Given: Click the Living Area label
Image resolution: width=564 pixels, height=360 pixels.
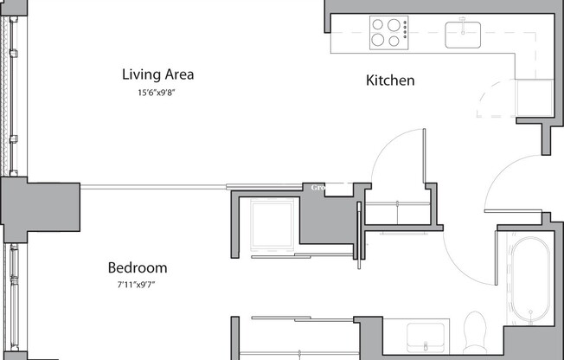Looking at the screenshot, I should pyautogui.click(x=157, y=74).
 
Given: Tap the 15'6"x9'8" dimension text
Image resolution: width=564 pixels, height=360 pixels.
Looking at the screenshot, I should pyautogui.click(x=157, y=93).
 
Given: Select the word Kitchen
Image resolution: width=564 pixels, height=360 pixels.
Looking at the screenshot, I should pyautogui.click(x=390, y=80).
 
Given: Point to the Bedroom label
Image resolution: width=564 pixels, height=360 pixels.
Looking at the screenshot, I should pyautogui.click(x=137, y=268).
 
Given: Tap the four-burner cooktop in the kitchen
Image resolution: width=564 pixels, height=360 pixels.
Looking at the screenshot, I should pyautogui.click(x=388, y=33).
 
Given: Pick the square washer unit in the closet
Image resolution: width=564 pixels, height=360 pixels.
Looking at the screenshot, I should pyautogui.click(x=272, y=224).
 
